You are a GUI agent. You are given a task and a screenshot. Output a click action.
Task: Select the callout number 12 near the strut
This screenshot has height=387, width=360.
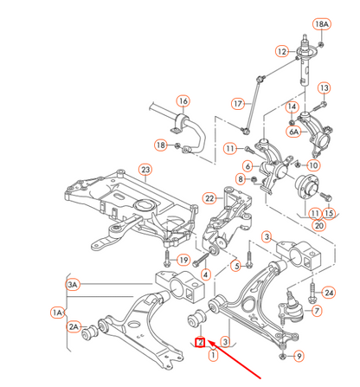click(x=282, y=52)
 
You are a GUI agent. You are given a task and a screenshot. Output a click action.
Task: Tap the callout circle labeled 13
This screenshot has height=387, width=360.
click(x=325, y=88)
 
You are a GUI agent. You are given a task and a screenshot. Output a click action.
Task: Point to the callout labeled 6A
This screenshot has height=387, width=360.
click(x=294, y=132)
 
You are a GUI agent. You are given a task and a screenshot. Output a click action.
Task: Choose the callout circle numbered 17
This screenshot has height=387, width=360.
click(x=239, y=104)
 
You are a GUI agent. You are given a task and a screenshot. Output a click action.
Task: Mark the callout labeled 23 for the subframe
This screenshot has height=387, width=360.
click(x=146, y=170)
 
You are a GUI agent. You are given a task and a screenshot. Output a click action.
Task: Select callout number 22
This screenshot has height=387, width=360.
click(x=209, y=198)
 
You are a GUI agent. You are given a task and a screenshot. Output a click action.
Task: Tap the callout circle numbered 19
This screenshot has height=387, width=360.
click(x=183, y=259)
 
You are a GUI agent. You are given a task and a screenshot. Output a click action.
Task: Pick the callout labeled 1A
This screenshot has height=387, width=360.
click(x=58, y=311)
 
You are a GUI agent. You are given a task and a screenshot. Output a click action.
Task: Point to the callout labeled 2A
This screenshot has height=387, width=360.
click(x=74, y=326)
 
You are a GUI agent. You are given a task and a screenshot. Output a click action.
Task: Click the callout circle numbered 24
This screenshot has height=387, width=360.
click(x=328, y=293)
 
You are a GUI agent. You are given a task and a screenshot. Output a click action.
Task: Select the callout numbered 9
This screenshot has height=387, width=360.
click(x=299, y=355)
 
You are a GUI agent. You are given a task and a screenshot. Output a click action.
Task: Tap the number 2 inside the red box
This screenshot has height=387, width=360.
click(x=200, y=343)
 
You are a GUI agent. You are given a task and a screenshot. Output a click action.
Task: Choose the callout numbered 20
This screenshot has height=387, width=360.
click(x=318, y=225)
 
